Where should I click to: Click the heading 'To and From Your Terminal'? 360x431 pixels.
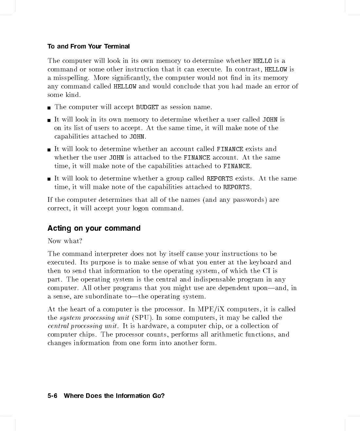point(88,47)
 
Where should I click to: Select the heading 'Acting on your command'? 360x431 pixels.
point(94,228)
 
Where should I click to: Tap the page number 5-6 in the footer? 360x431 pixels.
point(52,396)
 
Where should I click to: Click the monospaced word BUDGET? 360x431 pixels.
point(147,107)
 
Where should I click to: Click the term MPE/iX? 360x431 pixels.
point(212,309)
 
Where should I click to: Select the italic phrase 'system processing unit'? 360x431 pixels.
point(94,318)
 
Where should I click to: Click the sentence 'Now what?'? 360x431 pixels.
point(65,241)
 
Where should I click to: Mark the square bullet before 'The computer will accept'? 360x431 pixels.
point(49,108)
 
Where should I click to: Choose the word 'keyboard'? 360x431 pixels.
point(263,262)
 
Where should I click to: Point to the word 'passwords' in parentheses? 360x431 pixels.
point(248,200)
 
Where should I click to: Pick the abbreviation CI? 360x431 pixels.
point(266,271)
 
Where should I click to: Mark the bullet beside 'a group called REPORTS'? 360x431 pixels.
point(49,179)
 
